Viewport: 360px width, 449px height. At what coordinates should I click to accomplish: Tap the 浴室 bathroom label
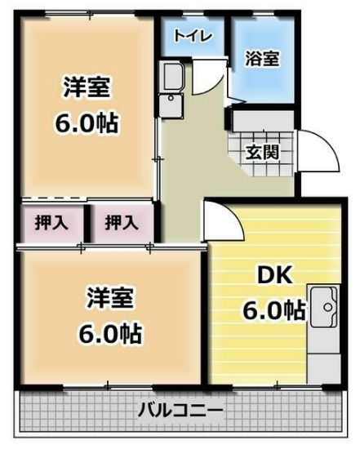click(263, 59)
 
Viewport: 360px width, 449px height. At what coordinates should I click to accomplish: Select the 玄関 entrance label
click(264, 152)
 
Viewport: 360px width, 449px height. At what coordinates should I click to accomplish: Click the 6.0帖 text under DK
click(273, 310)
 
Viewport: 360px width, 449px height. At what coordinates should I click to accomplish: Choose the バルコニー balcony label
click(180, 410)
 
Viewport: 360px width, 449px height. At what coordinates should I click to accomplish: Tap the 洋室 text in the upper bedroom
click(87, 87)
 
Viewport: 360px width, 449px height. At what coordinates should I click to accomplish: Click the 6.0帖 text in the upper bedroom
click(87, 123)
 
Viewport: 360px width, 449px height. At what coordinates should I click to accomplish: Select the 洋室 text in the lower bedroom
click(109, 299)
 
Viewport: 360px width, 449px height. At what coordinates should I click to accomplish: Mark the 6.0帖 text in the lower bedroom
click(109, 333)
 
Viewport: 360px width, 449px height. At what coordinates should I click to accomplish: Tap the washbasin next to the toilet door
click(174, 78)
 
